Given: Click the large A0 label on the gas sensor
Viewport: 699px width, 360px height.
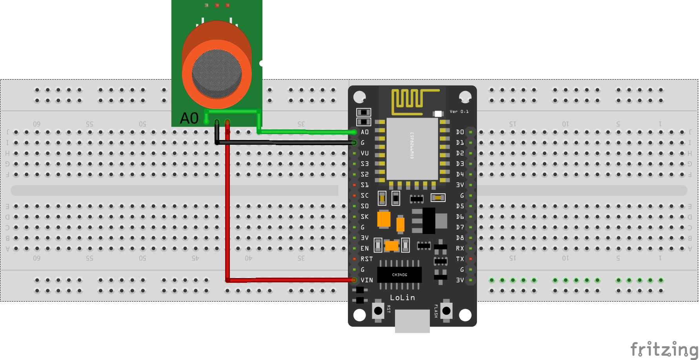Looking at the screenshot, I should point(189,118).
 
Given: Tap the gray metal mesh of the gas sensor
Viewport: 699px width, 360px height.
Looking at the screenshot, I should point(217,73).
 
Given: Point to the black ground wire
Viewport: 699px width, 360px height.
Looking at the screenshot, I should point(286,143).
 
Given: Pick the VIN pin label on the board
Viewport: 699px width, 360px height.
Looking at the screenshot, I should point(367,280).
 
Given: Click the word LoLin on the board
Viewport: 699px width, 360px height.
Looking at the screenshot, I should point(402,298).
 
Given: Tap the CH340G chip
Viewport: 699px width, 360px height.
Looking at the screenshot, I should point(399,275).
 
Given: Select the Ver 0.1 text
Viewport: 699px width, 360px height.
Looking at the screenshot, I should point(459,112).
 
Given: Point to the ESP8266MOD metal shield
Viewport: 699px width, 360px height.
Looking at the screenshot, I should point(412,149).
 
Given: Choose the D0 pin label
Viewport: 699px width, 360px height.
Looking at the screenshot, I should point(460,132).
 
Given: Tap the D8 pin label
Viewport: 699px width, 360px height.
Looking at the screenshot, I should point(460,238).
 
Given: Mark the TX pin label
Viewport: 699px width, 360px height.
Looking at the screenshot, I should point(460,259).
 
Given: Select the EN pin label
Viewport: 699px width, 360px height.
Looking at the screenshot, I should point(365,248).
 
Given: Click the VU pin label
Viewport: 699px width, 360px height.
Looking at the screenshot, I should point(365,153).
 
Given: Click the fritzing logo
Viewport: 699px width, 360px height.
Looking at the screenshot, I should point(664,349).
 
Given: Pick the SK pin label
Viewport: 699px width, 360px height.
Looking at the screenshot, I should point(365,216).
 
